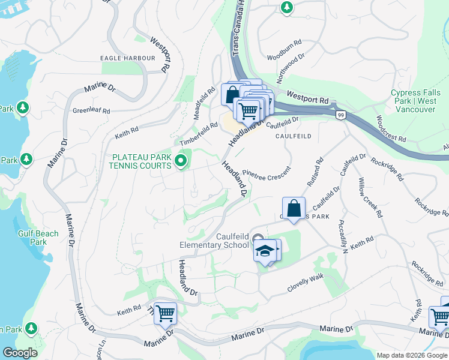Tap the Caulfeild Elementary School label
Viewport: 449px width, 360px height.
pos(215,240)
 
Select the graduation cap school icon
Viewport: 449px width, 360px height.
pos(264,251)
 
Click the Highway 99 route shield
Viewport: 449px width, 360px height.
pos(340,115)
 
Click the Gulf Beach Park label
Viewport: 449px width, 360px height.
pos(38,238)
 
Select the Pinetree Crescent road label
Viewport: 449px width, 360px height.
pos(267,172)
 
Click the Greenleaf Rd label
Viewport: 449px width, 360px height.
pos(91,111)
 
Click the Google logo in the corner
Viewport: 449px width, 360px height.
pos(20,353)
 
